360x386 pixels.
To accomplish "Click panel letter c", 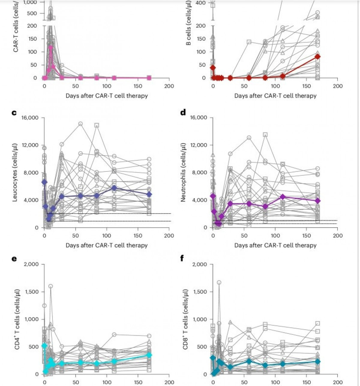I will pos(14,113).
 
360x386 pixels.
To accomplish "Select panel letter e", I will pos(14,258).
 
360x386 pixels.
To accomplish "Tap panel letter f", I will pos(182,258).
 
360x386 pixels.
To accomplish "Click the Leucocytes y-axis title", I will pos(15,172).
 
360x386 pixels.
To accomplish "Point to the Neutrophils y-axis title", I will pos(184,172).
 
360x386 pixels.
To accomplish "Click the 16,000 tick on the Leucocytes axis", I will pos(30,117).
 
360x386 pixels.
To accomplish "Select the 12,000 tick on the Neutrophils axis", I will pos(199,145).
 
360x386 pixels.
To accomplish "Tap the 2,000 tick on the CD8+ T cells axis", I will pos(200,264).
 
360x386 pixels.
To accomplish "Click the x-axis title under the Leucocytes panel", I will pos(107,245).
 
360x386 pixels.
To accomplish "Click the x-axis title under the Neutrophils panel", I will pos(275,245).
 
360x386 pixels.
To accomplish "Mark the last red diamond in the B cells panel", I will pos(318,57).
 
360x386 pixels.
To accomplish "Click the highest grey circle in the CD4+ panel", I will pos(51,286).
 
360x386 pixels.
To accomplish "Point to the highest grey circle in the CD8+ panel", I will pos(219,282).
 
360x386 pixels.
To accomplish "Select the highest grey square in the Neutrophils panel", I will pos(265,135).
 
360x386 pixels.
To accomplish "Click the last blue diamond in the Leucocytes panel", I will pos(149,195).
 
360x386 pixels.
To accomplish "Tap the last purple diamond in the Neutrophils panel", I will pos(318,201).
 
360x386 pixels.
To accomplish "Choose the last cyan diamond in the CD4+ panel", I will pos(149,355).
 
